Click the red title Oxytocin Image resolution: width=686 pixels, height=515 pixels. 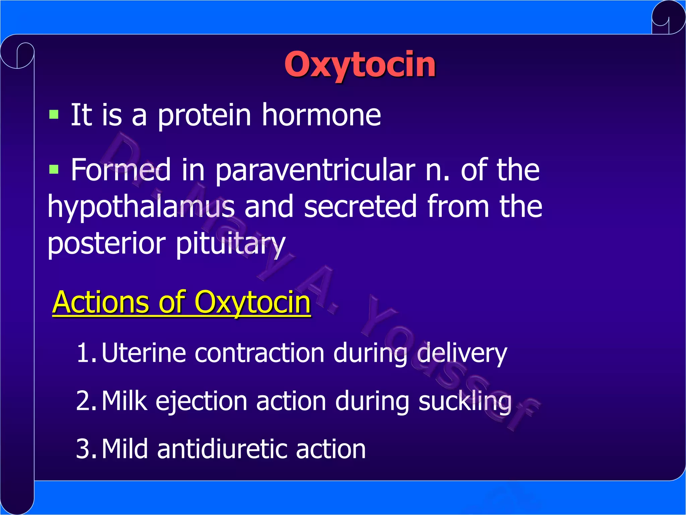pos(360,64)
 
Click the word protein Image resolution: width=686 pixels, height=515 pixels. pos(204,116)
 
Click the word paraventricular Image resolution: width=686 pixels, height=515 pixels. pos(315,170)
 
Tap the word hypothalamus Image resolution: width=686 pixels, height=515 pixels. pos(141,207)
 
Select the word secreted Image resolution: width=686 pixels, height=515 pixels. pos(360,207)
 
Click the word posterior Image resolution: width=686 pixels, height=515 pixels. pos(107,244)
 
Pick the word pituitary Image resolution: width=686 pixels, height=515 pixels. pos(230,244)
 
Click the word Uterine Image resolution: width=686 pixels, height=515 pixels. pos(143,353)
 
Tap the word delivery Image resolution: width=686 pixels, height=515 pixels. pos(462,353)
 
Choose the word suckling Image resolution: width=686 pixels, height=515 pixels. pos(465,401)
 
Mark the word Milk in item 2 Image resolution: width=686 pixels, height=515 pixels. pos(124,401)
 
